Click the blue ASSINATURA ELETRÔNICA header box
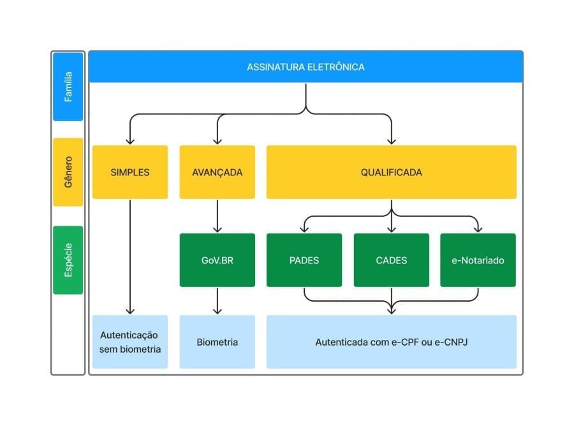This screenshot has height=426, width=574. (305, 66)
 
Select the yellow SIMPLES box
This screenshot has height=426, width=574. (130, 172)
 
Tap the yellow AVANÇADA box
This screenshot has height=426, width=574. (217, 172)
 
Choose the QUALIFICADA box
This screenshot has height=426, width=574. (392, 172)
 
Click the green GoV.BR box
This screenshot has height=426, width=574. (217, 260)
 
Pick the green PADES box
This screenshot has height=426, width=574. (304, 260)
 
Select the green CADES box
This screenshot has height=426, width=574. (392, 260)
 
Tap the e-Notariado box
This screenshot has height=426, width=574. (478, 260)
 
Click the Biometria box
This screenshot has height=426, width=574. (217, 342)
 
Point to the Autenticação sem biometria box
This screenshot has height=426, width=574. (130, 342)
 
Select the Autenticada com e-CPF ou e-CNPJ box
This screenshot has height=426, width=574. (392, 342)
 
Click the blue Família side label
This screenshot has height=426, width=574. (68, 87)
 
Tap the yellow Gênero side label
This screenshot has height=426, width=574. (68, 172)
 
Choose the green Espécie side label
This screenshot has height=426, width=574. (68, 260)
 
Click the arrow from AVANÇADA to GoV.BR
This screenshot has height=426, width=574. (217, 216)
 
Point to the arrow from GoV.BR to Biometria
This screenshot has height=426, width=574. (217, 301)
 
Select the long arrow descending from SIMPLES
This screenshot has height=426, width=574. (130, 257)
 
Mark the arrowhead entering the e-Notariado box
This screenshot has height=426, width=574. (478, 230)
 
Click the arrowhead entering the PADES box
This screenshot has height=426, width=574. (304, 230)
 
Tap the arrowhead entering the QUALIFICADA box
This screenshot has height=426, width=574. (392, 142)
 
